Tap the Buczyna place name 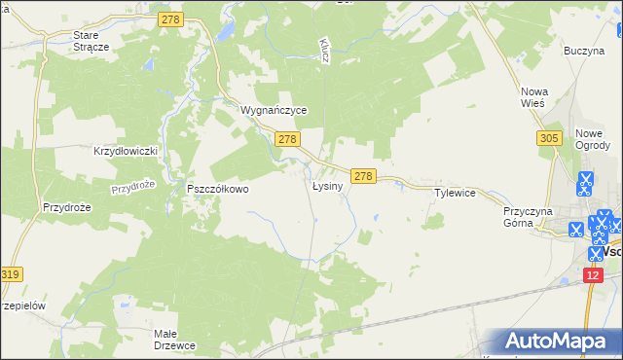coord(584,50)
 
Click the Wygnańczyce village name coord(275,111)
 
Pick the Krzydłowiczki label coord(125,152)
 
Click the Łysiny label coord(326,185)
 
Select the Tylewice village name coord(455,193)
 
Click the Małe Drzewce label coord(176,339)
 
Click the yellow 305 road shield coord(548,139)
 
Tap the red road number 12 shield coord(594,276)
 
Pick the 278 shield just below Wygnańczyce coord(286,140)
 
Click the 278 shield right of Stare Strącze coord(172,19)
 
